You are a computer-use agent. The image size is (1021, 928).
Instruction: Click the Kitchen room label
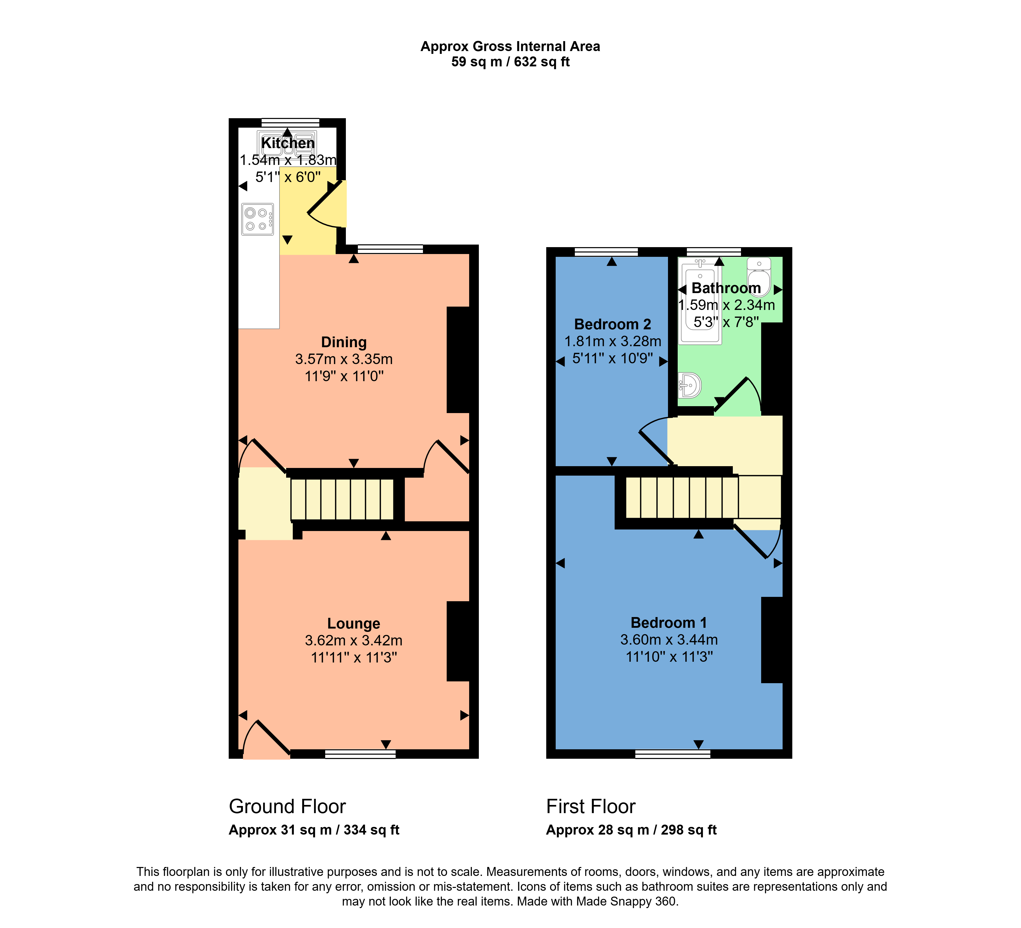pos(288,143)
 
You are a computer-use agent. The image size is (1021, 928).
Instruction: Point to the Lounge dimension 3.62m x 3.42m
pos(354,640)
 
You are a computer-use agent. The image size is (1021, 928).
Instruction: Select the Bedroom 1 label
pos(668,623)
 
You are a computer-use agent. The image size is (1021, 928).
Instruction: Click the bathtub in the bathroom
pos(700,302)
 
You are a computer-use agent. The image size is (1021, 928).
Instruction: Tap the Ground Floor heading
pos(287,806)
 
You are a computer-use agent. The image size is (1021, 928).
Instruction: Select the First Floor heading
pos(590,806)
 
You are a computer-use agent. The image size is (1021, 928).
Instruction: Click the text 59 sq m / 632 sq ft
pos(510,62)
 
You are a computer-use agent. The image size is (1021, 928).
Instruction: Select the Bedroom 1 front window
pos(673,754)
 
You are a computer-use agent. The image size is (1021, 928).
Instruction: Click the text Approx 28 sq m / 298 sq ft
pos(631,830)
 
